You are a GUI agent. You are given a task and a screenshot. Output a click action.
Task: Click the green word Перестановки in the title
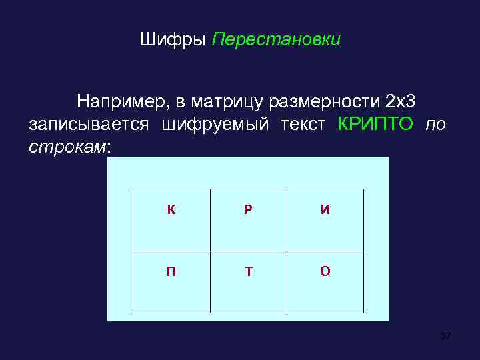tap(276, 40)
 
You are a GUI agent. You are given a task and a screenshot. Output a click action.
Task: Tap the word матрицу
tap(227, 101)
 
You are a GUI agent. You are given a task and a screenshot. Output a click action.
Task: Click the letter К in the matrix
tap(171, 210)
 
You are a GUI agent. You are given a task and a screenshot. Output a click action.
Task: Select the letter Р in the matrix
tap(248, 210)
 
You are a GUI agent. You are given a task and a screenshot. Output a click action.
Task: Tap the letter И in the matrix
tap(325, 210)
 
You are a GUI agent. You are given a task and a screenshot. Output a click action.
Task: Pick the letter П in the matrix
tap(171, 272)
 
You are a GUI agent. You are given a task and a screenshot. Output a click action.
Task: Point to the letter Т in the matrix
tap(248, 272)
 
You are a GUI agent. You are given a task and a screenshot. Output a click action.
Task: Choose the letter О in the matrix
tap(325, 272)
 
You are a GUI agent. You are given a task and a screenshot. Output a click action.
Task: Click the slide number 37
tap(445, 336)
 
